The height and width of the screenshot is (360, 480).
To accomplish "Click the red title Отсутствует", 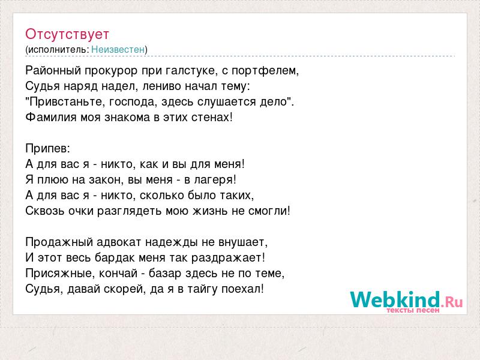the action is tap(67, 34).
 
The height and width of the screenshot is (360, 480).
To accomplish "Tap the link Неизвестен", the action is tap(118, 49).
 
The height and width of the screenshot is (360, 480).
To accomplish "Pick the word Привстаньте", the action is tap(67, 102).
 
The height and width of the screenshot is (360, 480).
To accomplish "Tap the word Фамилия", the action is tap(51, 117).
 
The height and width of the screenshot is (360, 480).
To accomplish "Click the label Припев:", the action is tap(48, 149).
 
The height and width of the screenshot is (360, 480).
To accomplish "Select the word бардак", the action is tap(115, 258).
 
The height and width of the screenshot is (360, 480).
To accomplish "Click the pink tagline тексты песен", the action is tap(413, 310).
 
